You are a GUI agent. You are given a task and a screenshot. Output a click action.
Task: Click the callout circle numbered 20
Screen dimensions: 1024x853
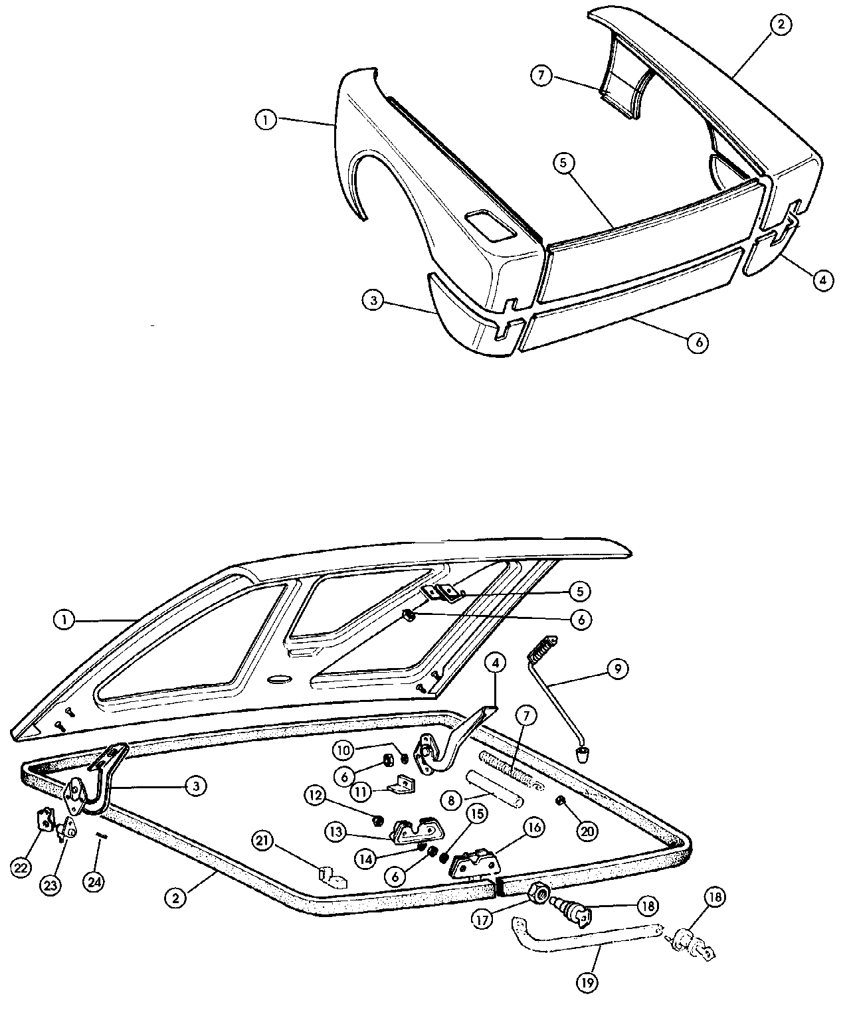pos(587,831)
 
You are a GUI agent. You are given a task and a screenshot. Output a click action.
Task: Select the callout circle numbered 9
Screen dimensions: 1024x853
pos(617,669)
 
